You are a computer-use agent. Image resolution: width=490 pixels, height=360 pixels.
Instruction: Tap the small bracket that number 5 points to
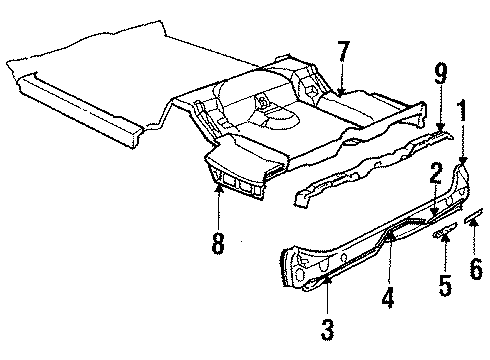[440, 234]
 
